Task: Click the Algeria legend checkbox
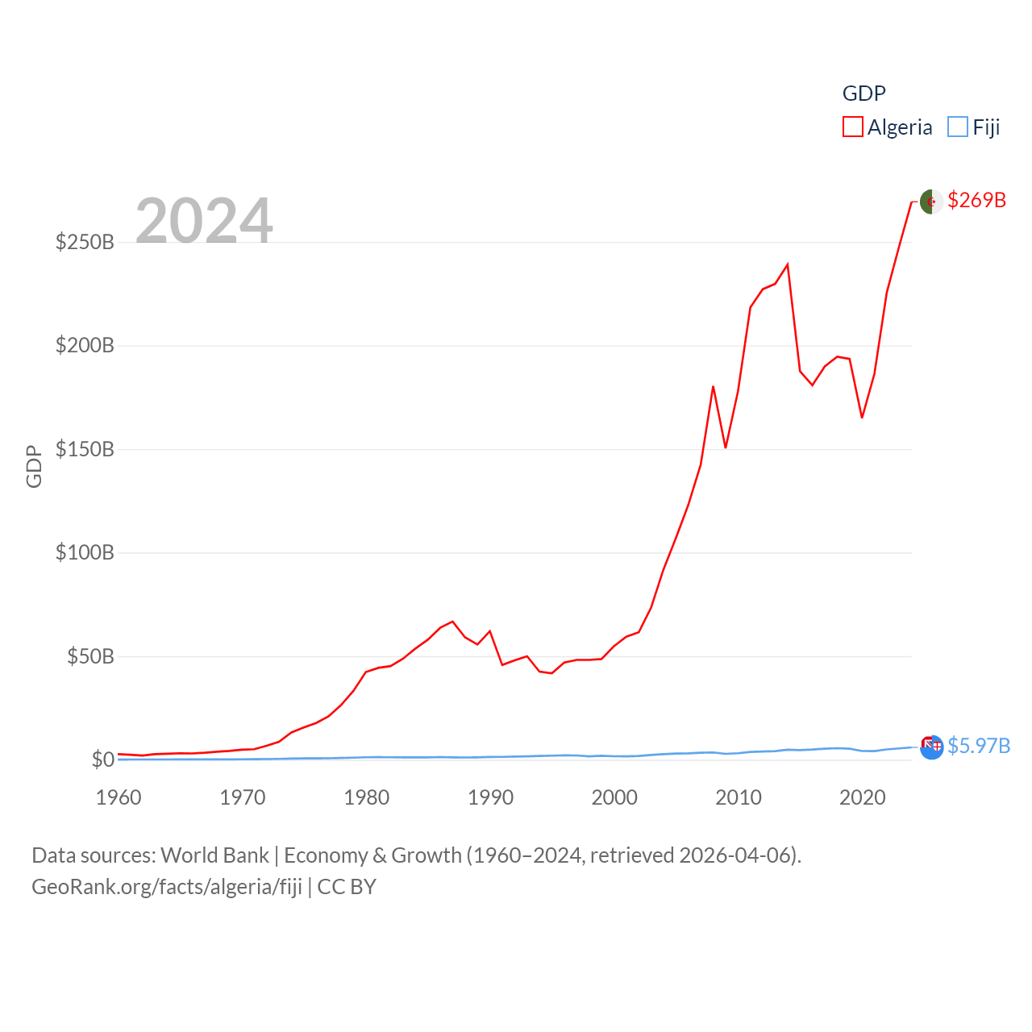tap(853, 127)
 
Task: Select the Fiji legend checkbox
tap(958, 127)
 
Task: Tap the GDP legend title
tap(863, 94)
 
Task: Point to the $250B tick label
tap(85, 242)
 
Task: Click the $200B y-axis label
tap(85, 346)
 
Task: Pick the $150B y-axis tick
tap(85, 449)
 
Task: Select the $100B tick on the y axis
tap(85, 553)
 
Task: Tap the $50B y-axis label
tap(90, 656)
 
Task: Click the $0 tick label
tap(102, 759)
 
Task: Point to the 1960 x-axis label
tap(119, 797)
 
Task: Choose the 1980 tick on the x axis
tap(367, 797)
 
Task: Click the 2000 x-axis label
tap(614, 797)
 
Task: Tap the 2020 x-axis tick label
tap(863, 797)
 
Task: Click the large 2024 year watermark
tap(204, 221)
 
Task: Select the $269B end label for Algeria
tap(976, 200)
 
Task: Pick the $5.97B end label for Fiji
tap(979, 746)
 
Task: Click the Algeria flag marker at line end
tap(931, 202)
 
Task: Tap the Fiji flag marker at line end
tap(932, 747)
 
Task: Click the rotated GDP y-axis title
tap(34, 466)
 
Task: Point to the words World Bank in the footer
tap(214, 855)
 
